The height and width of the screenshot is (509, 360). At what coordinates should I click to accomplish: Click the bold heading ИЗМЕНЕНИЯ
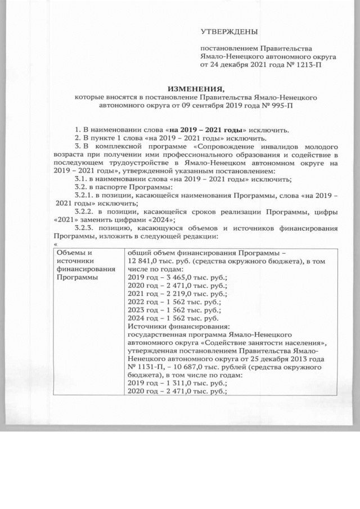pos(196,88)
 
